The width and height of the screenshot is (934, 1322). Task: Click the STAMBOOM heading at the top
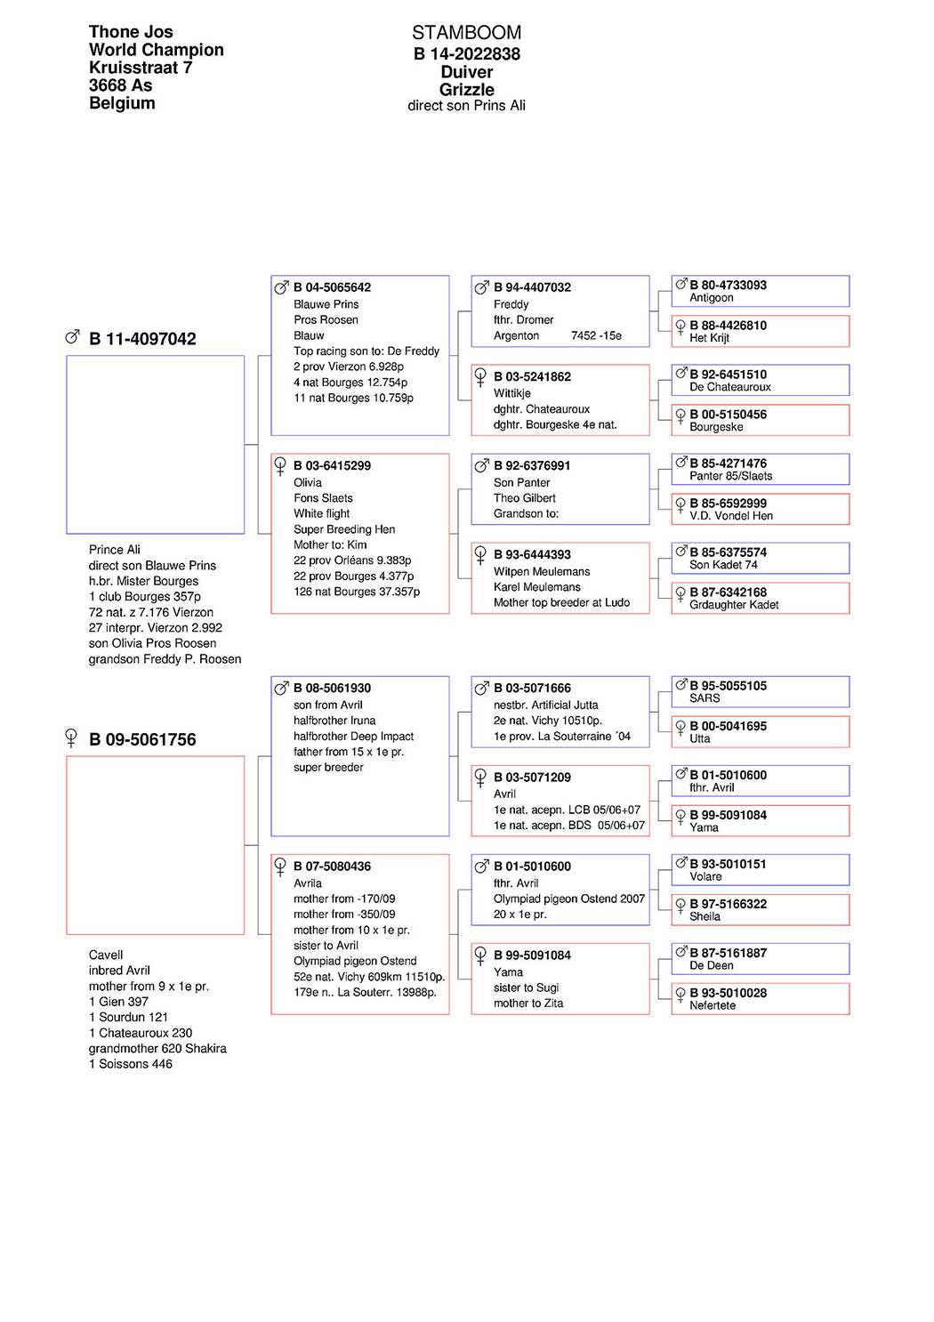point(466,33)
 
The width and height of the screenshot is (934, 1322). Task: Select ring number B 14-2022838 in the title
point(466,54)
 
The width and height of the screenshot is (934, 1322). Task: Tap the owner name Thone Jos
point(131,32)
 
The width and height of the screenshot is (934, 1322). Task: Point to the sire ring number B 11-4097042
point(142,339)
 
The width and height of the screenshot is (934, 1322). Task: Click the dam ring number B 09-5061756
point(142,739)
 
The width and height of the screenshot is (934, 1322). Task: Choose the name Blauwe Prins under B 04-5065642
point(326,304)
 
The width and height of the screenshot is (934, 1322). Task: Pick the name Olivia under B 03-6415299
point(308,482)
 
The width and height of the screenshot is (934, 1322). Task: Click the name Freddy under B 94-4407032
point(511,304)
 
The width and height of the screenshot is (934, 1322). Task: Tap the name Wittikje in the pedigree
point(512,393)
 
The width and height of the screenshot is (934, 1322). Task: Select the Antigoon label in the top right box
point(711,298)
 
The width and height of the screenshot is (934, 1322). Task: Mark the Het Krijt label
point(709,338)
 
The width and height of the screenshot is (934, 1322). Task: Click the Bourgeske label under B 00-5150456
point(716,427)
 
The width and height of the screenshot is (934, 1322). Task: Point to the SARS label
point(705,698)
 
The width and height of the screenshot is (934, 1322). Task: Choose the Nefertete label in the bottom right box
point(713,1005)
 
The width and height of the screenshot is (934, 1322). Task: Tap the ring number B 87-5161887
point(728,953)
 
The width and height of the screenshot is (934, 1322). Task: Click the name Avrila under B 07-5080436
point(308,883)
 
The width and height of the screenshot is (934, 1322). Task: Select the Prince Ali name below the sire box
point(115,550)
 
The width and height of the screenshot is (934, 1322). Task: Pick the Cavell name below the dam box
point(106,955)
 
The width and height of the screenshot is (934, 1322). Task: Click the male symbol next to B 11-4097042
point(72,337)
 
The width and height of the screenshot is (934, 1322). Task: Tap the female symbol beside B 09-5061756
point(72,738)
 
